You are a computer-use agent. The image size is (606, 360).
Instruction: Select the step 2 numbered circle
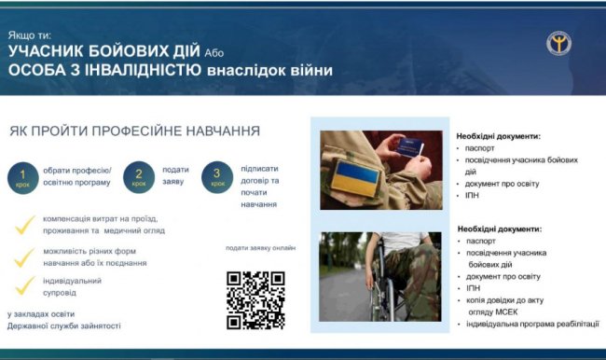[139, 176]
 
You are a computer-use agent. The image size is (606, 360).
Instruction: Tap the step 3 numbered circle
[217, 176]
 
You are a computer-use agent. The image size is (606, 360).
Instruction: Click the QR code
[255, 300]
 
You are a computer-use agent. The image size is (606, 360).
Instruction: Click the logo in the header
[559, 43]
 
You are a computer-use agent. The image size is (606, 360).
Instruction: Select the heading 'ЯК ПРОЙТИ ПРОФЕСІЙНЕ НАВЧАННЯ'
[135, 131]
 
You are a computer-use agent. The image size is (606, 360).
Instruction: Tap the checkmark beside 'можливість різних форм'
[26, 256]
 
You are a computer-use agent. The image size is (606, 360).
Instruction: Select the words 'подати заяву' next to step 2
[174, 175]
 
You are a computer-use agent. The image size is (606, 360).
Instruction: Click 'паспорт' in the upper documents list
[483, 148]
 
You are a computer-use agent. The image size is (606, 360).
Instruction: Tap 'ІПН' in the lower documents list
[475, 288]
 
